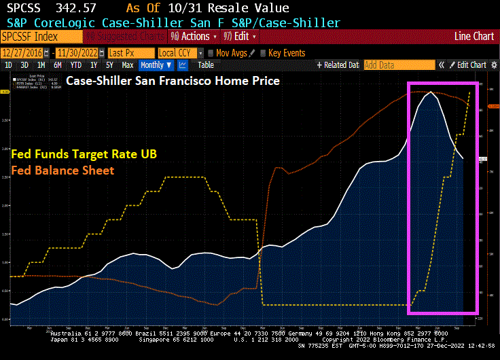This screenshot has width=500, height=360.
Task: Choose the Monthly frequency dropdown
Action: [x=156, y=65]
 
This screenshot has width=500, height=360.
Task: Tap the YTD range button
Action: [x=75, y=65]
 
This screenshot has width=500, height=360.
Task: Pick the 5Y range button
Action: [x=109, y=65]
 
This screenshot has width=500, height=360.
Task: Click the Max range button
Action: [x=127, y=65]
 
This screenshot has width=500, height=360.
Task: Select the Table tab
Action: [x=205, y=65]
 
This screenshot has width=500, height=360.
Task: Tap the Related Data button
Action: [x=338, y=65]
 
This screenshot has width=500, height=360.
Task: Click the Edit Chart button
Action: [x=469, y=65]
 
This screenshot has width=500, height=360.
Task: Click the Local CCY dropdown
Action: [x=179, y=52]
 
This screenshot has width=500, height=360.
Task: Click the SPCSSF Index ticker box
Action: [x=31, y=36]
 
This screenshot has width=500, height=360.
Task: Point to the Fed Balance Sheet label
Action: [x=62, y=170]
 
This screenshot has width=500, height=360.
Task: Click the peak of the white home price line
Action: [x=430, y=92]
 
